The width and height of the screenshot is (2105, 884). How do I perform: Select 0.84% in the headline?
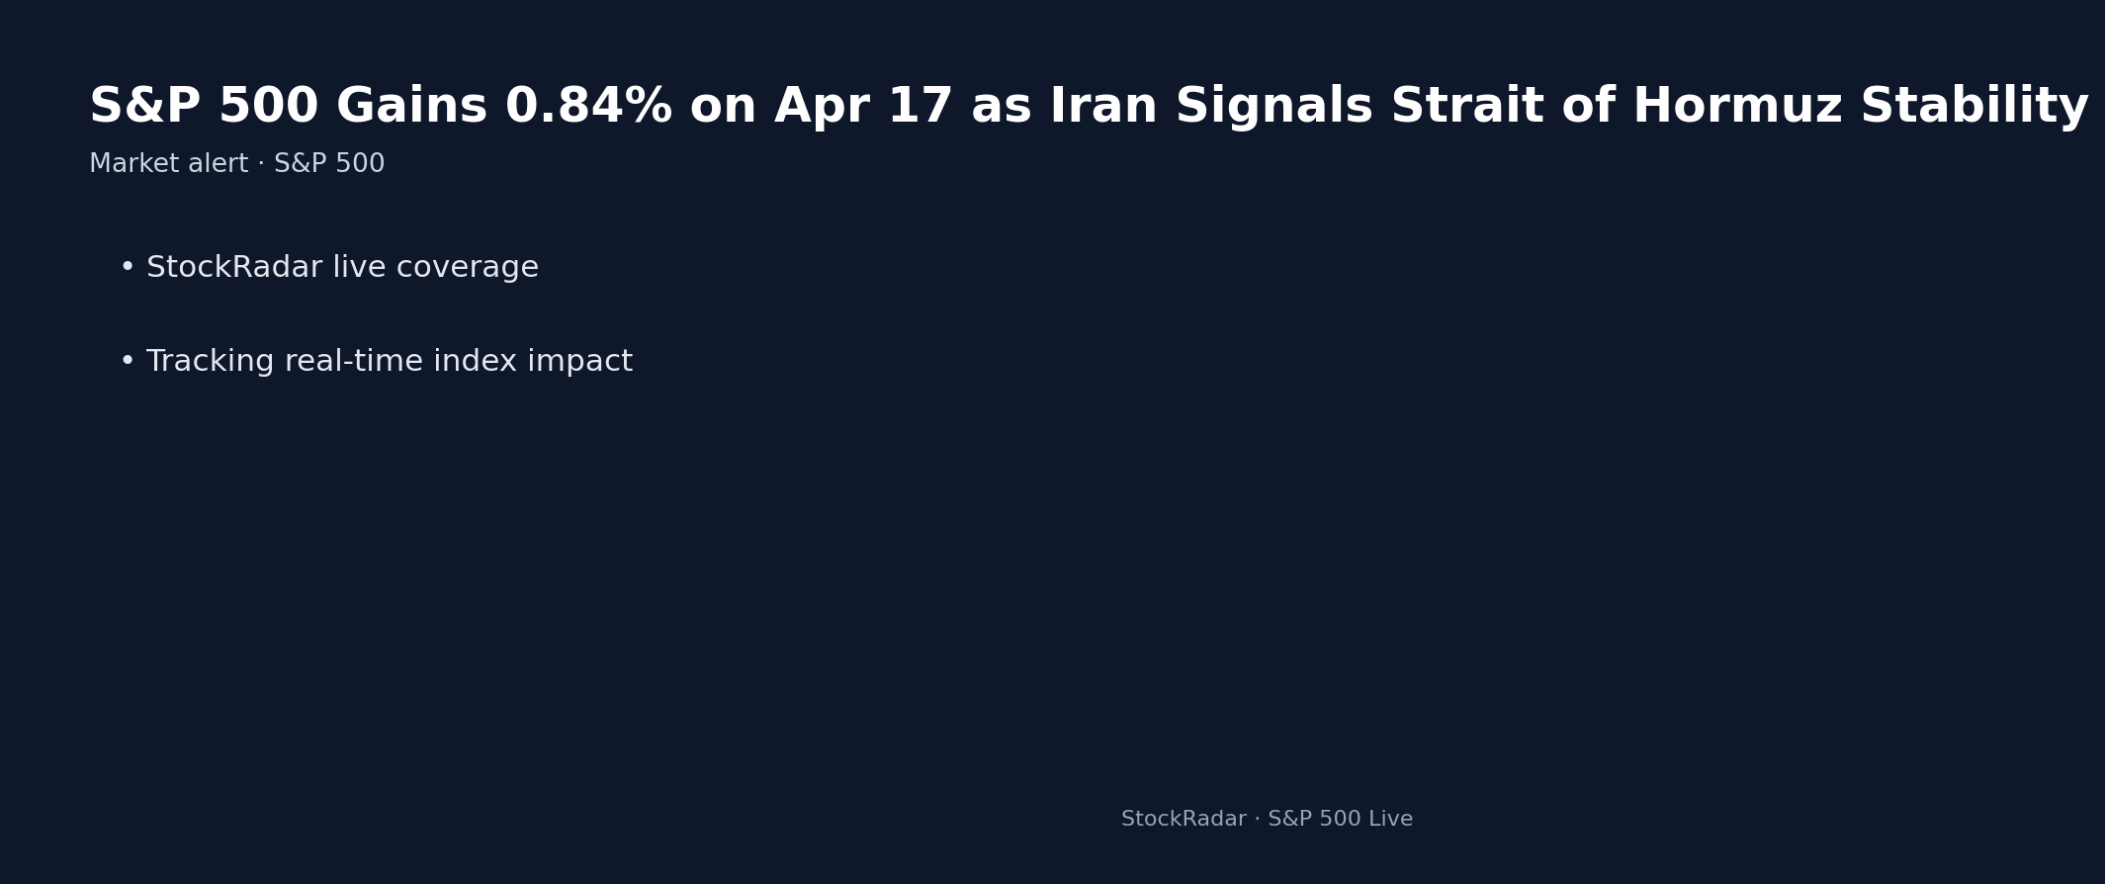[588, 107]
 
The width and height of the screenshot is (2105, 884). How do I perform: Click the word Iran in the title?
[1102, 107]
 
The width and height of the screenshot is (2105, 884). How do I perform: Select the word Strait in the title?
[1466, 107]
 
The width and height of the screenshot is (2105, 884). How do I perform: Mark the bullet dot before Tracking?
[127, 362]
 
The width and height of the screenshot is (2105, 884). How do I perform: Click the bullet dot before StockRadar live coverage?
[127, 268]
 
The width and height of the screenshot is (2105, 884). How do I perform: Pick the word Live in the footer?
[1391, 820]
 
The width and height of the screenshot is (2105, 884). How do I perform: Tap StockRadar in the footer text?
[1184, 820]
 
